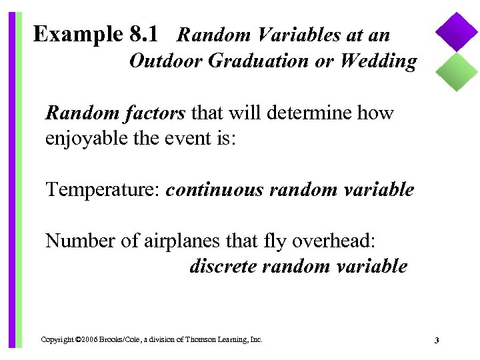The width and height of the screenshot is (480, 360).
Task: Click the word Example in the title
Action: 75,33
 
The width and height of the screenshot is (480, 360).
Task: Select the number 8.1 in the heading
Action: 141,33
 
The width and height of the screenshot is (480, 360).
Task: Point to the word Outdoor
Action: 166,61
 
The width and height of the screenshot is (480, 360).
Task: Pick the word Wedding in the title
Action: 378,61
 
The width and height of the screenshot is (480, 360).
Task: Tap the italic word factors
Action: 154,113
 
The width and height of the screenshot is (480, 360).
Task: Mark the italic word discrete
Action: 223,266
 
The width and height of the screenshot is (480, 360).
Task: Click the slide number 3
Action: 436,341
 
